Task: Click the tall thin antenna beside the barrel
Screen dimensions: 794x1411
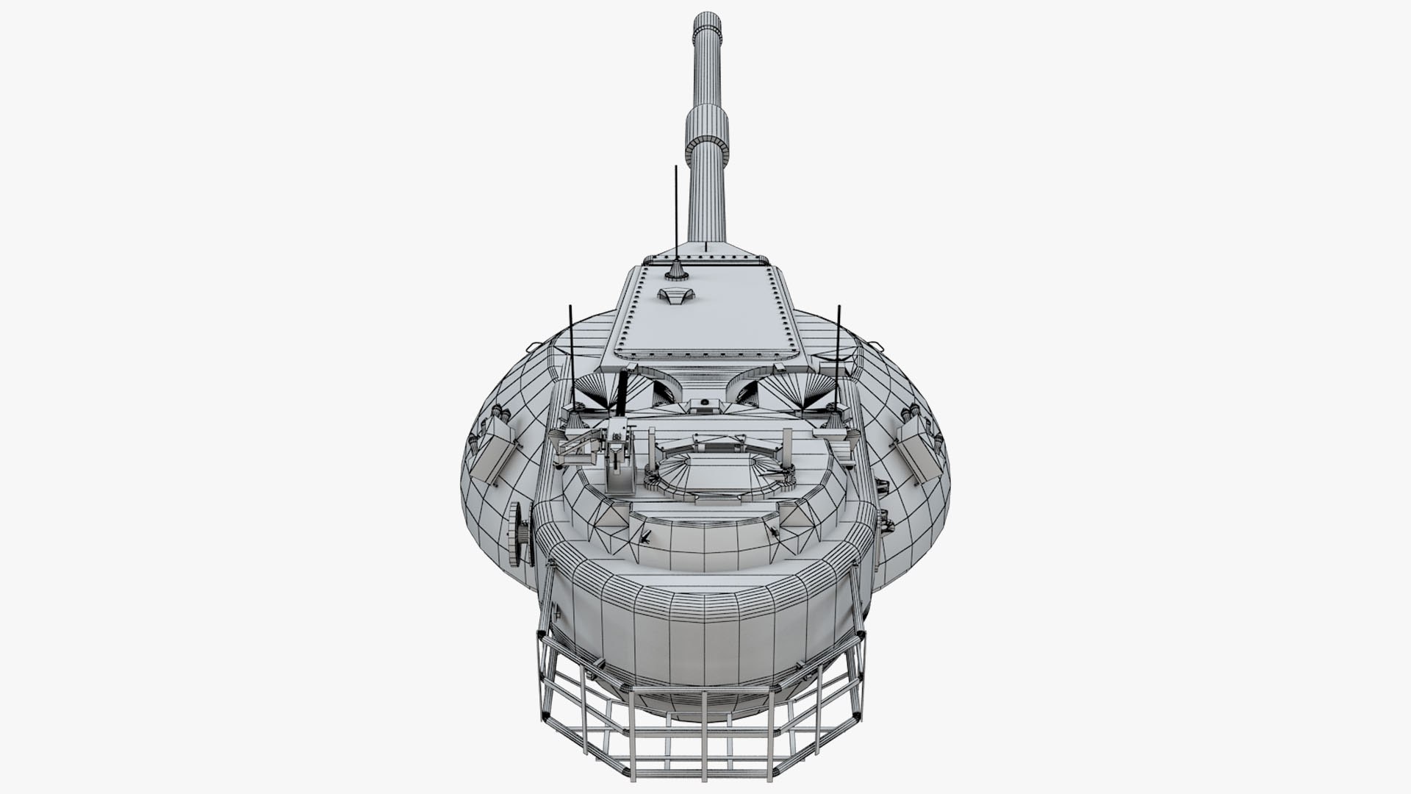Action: click(675, 213)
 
